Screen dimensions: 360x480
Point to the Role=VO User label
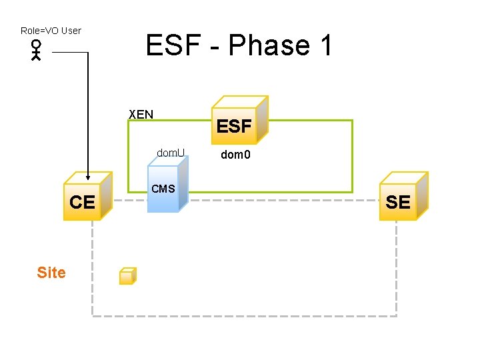click(51, 31)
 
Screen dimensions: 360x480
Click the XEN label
click(141, 114)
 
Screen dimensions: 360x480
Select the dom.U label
click(171, 153)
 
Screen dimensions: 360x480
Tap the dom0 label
click(236, 155)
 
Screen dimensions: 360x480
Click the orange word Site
click(51, 273)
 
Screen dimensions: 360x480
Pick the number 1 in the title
click(325, 46)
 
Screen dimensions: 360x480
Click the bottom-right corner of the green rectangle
click(352, 192)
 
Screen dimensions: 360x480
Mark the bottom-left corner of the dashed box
click(92, 315)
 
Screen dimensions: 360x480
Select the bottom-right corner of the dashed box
click(396, 315)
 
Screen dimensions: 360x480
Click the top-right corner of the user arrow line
click(88, 53)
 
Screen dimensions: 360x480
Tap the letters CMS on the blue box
click(163, 189)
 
